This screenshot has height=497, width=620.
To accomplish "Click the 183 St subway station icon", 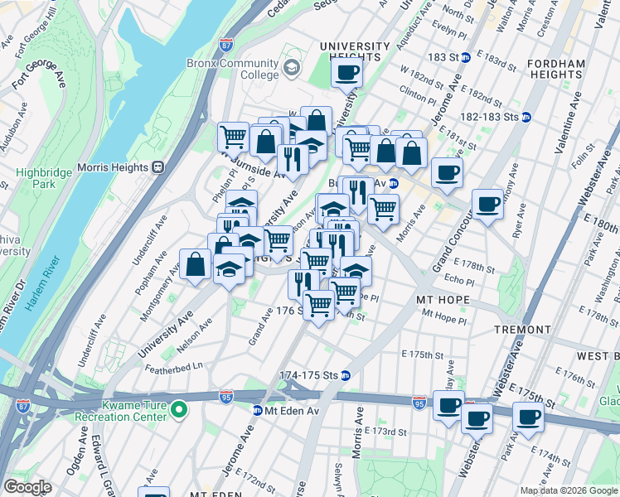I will click(466, 57).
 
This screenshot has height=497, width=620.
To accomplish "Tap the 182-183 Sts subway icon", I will click(526, 118).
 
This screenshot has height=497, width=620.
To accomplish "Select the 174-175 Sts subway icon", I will click(346, 375).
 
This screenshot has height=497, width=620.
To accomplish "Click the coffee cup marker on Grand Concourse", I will click(487, 204).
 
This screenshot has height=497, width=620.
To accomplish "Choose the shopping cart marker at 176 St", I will click(319, 304).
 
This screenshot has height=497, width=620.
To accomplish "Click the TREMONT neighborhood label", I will click(522, 330).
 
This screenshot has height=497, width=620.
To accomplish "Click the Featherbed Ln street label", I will click(173, 366).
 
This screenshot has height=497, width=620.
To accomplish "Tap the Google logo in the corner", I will click(27, 487).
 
